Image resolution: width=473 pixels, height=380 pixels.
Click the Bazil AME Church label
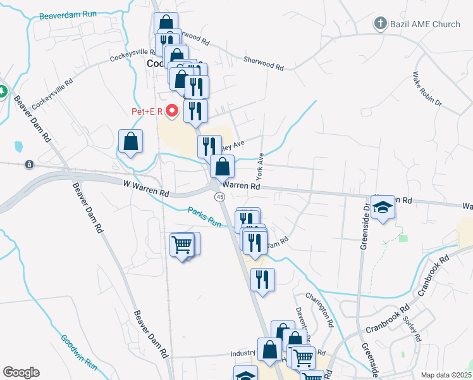click(x=424, y=24)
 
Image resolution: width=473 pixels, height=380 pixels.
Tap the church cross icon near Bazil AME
click(x=380, y=24)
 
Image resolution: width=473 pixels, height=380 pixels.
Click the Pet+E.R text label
click(x=147, y=112)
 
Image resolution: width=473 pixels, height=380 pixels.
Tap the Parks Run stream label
click(x=204, y=216)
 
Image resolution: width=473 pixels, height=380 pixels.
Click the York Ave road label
click(x=259, y=165)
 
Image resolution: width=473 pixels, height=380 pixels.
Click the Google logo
click(x=21, y=372)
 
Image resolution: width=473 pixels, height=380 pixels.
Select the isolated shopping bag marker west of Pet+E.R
click(x=130, y=142)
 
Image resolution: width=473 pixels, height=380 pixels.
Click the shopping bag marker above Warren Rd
click(x=223, y=167)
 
